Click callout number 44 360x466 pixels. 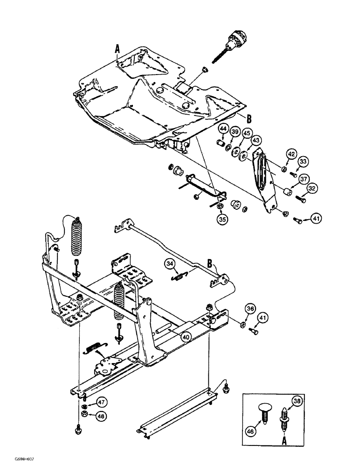[222, 129]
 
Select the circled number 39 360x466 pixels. [235, 133]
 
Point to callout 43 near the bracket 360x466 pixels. [256, 140]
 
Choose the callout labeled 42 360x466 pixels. [291, 155]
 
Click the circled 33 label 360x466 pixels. [304, 162]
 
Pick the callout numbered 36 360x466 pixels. [250, 308]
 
